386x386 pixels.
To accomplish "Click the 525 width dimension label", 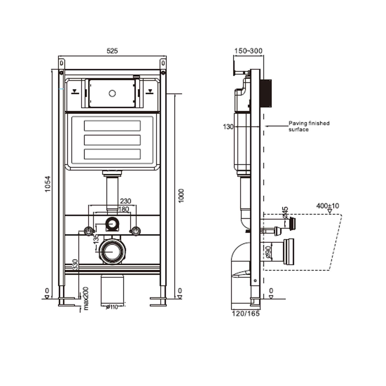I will [x=112, y=51].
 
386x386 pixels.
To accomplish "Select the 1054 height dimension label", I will [x=48, y=184].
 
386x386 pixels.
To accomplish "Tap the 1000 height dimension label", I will [x=181, y=196].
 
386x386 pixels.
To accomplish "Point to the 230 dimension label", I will [x=126, y=201].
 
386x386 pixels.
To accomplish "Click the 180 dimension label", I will [x=124, y=209].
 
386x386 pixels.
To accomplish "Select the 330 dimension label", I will [x=75, y=265].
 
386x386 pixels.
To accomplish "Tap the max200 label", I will [x=86, y=299].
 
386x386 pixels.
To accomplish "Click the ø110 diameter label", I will [x=112, y=307].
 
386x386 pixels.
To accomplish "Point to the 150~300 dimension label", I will [x=248, y=51].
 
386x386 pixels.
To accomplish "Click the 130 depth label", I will [x=228, y=127].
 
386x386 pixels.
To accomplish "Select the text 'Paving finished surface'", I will [x=309, y=126].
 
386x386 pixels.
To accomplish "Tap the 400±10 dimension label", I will [x=328, y=206].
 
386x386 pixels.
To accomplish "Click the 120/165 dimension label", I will [x=246, y=314].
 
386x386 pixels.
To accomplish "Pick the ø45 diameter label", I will [x=285, y=213].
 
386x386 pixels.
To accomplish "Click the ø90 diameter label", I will [x=268, y=252].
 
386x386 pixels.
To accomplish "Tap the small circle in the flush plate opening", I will [x=112, y=93].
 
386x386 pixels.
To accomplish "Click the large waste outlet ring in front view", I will [x=112, y=252].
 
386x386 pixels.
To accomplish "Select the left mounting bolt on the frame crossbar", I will [x=88, y=231].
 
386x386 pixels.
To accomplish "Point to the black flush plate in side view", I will [x=266, y=93].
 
